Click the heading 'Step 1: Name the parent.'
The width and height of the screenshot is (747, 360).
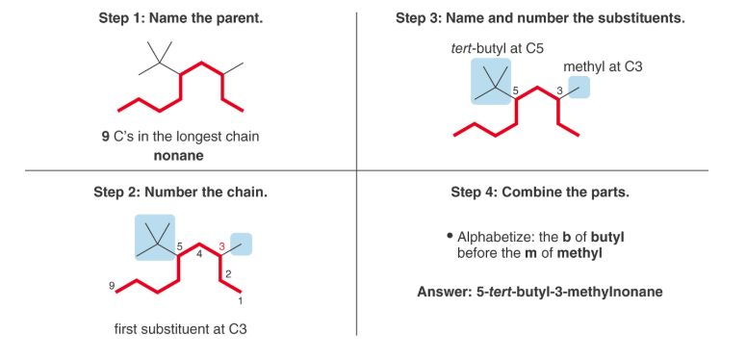[180, 18]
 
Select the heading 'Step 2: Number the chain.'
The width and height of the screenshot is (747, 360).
[180, 192]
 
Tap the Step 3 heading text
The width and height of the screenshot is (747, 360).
[539, 18]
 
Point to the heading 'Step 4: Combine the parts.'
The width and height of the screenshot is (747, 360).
[539, 192]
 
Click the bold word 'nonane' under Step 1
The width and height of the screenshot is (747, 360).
[180, 153]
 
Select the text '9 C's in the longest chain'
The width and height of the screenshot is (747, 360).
[180, 137]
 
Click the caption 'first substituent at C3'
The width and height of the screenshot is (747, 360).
[180, 328]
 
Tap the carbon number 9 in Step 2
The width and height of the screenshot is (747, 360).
[114, 286]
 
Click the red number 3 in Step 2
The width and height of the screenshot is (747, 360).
[221, 246]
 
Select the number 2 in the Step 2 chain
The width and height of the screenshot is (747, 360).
[228, 274]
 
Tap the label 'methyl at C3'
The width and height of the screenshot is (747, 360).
[603, 66]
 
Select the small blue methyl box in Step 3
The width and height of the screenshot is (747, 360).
[579, 88]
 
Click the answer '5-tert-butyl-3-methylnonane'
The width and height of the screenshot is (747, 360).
[539, 292]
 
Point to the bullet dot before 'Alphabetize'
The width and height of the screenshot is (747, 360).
[450, 236]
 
